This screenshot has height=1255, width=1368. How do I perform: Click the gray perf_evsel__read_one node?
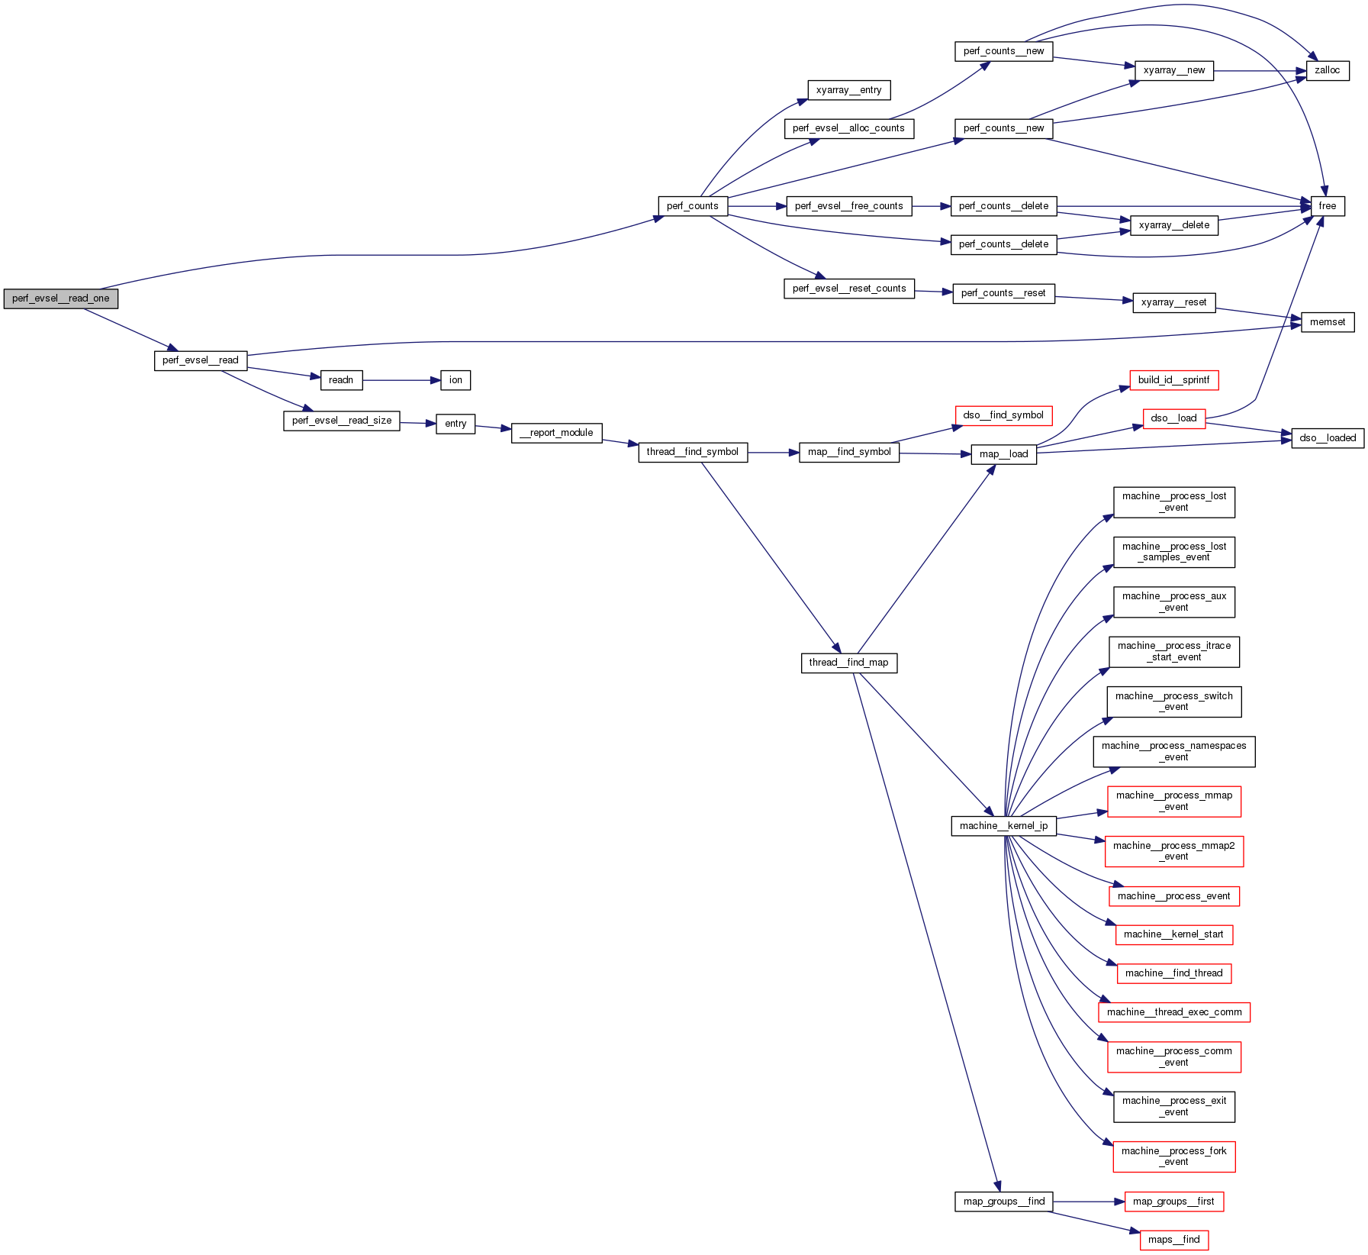click(60, 298)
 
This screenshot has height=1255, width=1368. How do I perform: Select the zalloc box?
click(1327, 70)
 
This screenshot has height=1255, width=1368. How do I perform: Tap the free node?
click(1327, 206)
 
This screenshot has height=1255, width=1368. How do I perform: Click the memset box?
click(1327, 322)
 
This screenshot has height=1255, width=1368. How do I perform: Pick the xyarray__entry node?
click(848, 90)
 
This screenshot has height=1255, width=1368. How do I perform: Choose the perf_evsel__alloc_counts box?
click(848, 128)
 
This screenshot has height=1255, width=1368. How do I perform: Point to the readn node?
click(341, 380)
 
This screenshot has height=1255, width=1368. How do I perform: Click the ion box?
click(455, 380)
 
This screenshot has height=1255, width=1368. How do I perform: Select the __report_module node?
click(556, 433)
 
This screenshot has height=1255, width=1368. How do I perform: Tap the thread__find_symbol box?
click(692, 452)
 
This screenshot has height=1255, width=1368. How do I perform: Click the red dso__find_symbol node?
click(1003, 415)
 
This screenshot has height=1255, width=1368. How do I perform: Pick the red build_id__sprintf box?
click(1173, 380)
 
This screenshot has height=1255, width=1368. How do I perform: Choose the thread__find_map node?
click(848, 663)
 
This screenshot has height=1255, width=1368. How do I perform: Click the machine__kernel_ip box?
click(1003, 826)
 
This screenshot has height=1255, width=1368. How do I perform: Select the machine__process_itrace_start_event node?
click(1173, 651)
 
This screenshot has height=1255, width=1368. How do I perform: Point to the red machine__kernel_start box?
click(1173, 934)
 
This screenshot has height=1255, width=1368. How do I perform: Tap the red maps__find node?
click(1173, 1240)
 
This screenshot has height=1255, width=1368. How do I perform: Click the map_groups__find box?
click(1003, 1202)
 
